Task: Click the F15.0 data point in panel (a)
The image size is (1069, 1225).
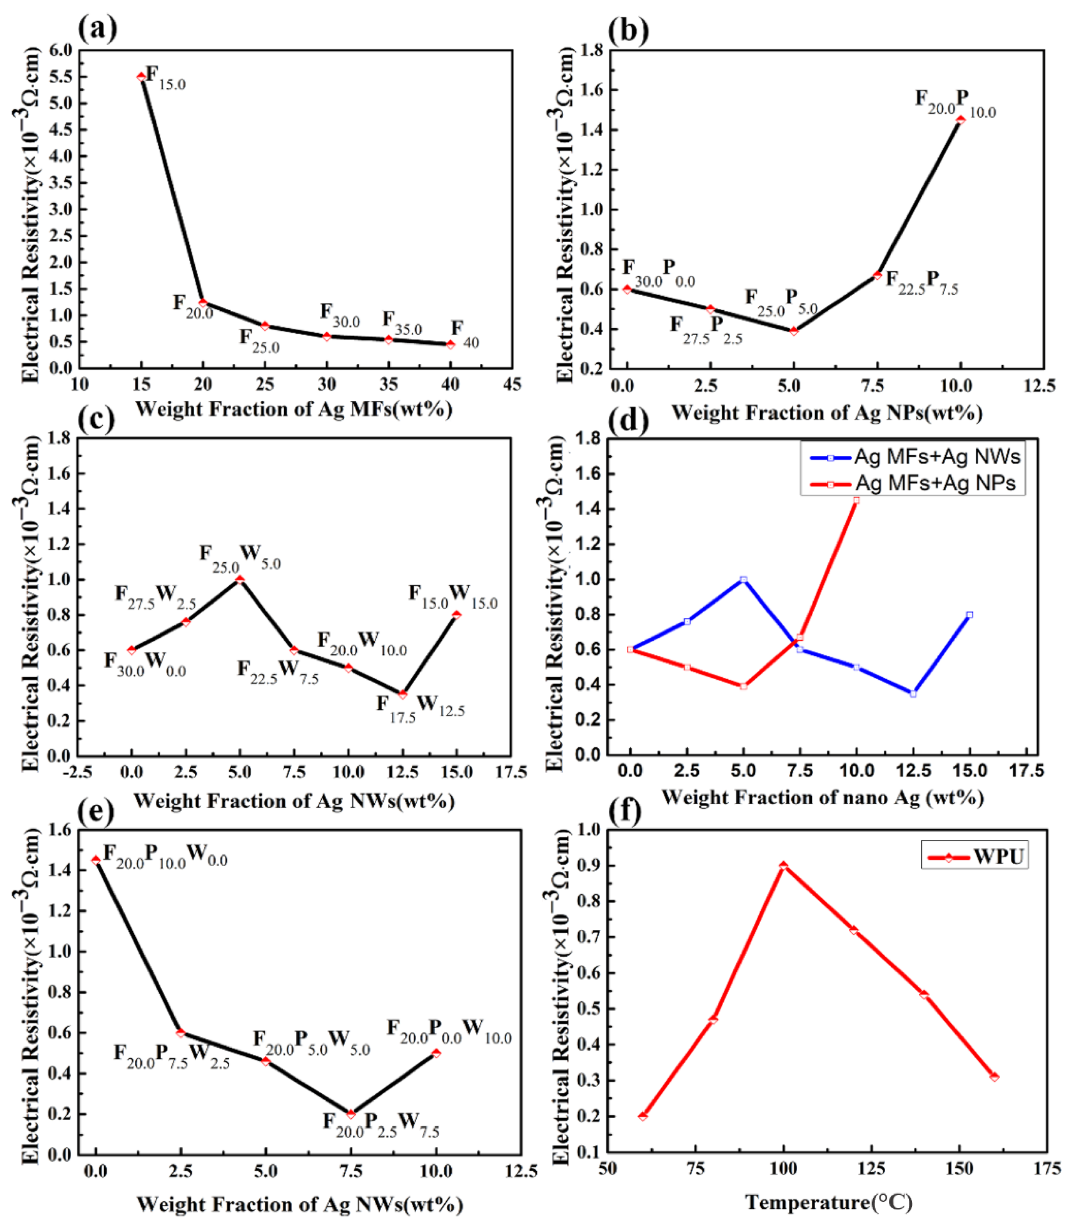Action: (141, 76)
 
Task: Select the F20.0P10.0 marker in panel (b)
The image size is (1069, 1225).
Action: (960, 120)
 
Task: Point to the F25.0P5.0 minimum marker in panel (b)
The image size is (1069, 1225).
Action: (794, 331)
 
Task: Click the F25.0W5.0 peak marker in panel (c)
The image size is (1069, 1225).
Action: (240, 579)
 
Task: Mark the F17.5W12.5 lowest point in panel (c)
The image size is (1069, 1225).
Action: (403, 694)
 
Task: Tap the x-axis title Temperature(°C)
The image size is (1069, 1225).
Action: (829, 1202)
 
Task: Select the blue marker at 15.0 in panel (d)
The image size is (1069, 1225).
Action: (969, 614)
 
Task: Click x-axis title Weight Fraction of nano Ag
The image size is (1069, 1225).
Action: (823, 797)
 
